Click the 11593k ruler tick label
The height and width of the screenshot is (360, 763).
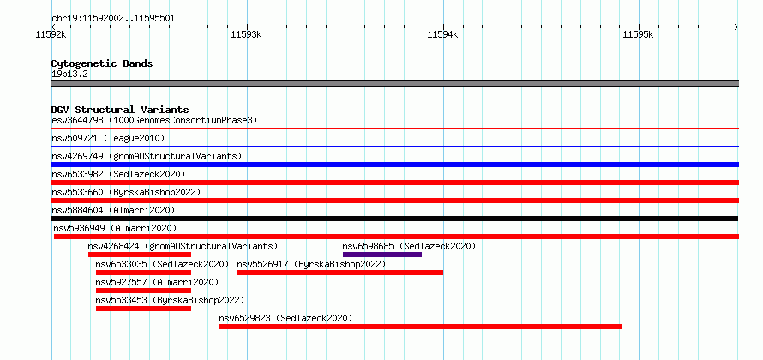tap(246, 34)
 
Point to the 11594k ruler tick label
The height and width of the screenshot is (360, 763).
tap(442, 34)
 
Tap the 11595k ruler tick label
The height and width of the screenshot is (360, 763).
tap(638, 34)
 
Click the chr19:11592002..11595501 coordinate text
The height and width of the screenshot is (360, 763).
tap(113, 19)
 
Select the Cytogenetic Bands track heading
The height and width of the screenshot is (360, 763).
tap(102, 63)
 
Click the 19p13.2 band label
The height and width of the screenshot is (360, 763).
tap(69, 74)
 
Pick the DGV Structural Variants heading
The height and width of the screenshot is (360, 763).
tap(120, 110)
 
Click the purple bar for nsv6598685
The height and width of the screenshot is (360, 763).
tap(382, 255)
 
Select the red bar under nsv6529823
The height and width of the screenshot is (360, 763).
tap(420, 327)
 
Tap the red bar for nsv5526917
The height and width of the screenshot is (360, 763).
tap(340, 273)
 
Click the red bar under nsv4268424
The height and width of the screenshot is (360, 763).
tap(140, 255)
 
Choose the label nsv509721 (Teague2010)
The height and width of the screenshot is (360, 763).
tap(108, 139)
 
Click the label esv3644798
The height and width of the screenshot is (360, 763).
tap(77, 120)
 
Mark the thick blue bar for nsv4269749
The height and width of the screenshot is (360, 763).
tap(394, 165)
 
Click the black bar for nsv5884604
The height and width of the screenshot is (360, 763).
tap(394, 219)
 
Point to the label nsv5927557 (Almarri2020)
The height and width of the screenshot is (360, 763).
tap(157, 282)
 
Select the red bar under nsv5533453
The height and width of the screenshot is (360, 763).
tap(143, 309)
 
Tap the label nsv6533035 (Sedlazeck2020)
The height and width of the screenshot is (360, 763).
tap(162, 264)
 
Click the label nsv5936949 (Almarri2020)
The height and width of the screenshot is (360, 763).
tap(115, 228)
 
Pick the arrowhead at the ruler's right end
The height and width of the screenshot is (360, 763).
tap(736, 27)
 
